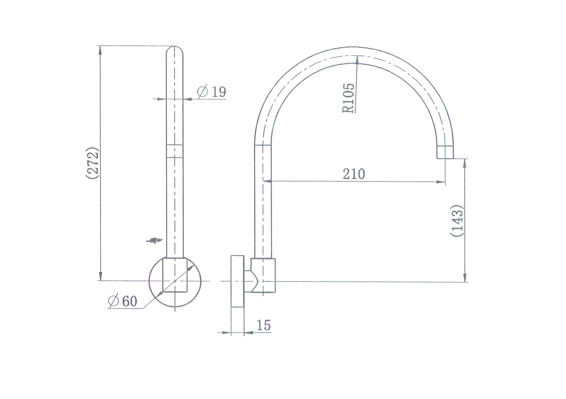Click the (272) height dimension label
tap(93, 163)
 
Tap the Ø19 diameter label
tap(211, 92)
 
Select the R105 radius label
tap(348, 98)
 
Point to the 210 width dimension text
tap(354, 174)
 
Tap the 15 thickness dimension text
tap(264, 325)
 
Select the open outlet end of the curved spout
tap(445, 152)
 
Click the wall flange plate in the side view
tap(237, 281)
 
